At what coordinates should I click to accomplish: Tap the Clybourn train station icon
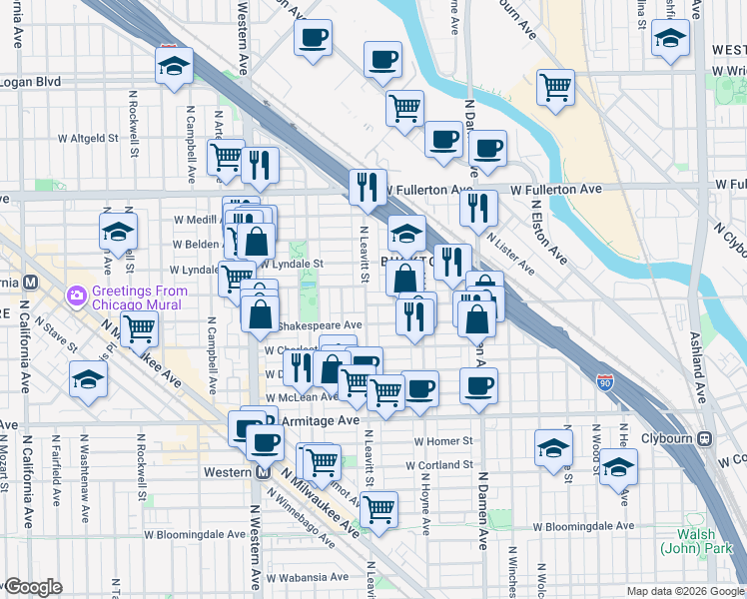pos(705,437)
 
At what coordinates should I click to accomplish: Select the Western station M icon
pos(263,472)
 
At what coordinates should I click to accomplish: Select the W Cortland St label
pos(439,464)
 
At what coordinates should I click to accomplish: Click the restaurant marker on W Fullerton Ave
pos(368,187)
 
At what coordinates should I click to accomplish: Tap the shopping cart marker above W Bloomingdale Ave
pos(378,508)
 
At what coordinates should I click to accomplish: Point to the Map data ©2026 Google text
pos(684,591)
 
